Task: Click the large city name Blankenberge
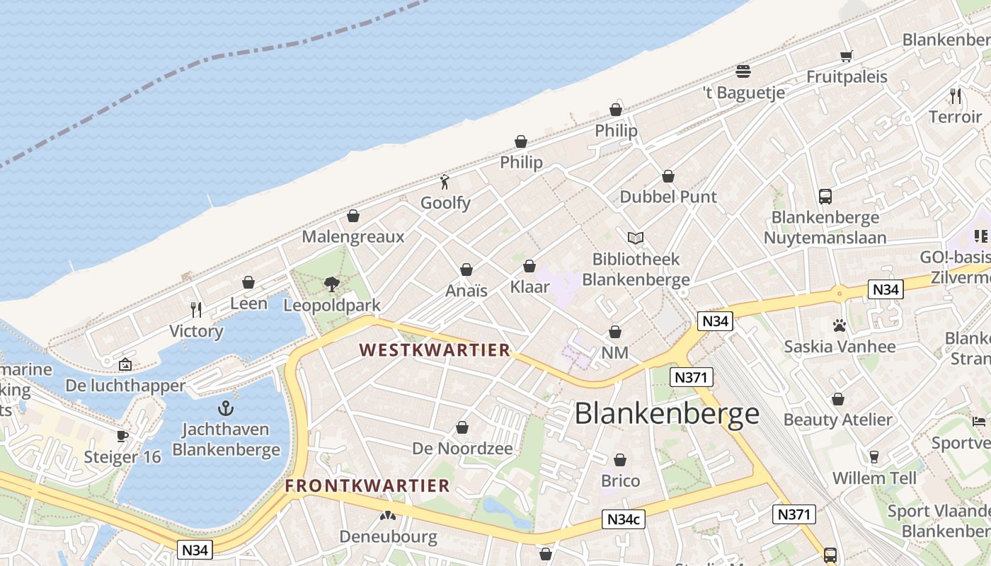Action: (x=667, y=414)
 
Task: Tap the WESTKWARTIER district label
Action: (x=435, y=350)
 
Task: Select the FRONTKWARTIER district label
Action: (x=367, y=485)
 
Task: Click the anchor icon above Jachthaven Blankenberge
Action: (x=226, y=408)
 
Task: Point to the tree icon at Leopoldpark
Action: (x=331, y=284)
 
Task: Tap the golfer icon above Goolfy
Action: (x=445, y=182)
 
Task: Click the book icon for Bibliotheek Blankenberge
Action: (x=636, y=238)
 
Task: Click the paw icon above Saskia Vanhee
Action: (x=840, y=326)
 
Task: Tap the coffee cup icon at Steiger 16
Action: (x=122, y=436)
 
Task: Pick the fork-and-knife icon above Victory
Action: (x=196, y=310)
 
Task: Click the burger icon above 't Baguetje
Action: (x=743, y=71)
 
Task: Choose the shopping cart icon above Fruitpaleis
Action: (x=846, y=56)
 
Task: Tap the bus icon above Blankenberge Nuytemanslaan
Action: (x=825, y=197)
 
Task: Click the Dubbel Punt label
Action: (x=668, y=197)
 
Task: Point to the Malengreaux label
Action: (x=353, y=236)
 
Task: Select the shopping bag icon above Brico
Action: (x=620, y=461)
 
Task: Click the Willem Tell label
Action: (x=874, y=478)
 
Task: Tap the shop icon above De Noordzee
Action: (x=462, y=428)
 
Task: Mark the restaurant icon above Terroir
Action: (x=955, y=96)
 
